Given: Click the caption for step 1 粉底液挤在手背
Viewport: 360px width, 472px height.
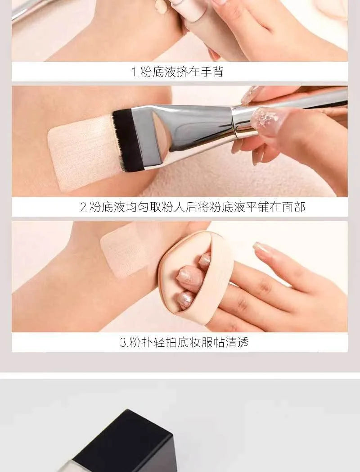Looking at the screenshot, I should click(177, 72).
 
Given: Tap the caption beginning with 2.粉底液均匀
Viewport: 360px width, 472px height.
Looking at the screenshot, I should click(193, 207).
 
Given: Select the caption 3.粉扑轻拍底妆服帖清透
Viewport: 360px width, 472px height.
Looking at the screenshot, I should click(184, 342).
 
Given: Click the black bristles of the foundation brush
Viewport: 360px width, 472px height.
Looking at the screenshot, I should click(127, 140).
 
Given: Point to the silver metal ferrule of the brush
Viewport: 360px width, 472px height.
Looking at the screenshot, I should click(189, 126).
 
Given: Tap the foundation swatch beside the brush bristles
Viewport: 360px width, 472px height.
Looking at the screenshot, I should click(81, 151).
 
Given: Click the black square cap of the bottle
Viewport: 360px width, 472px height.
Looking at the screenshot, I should click(124, 441).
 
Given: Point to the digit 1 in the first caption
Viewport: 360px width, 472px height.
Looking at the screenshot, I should click(134, 72).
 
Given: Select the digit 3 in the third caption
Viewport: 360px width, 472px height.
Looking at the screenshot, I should click(122, 342).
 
